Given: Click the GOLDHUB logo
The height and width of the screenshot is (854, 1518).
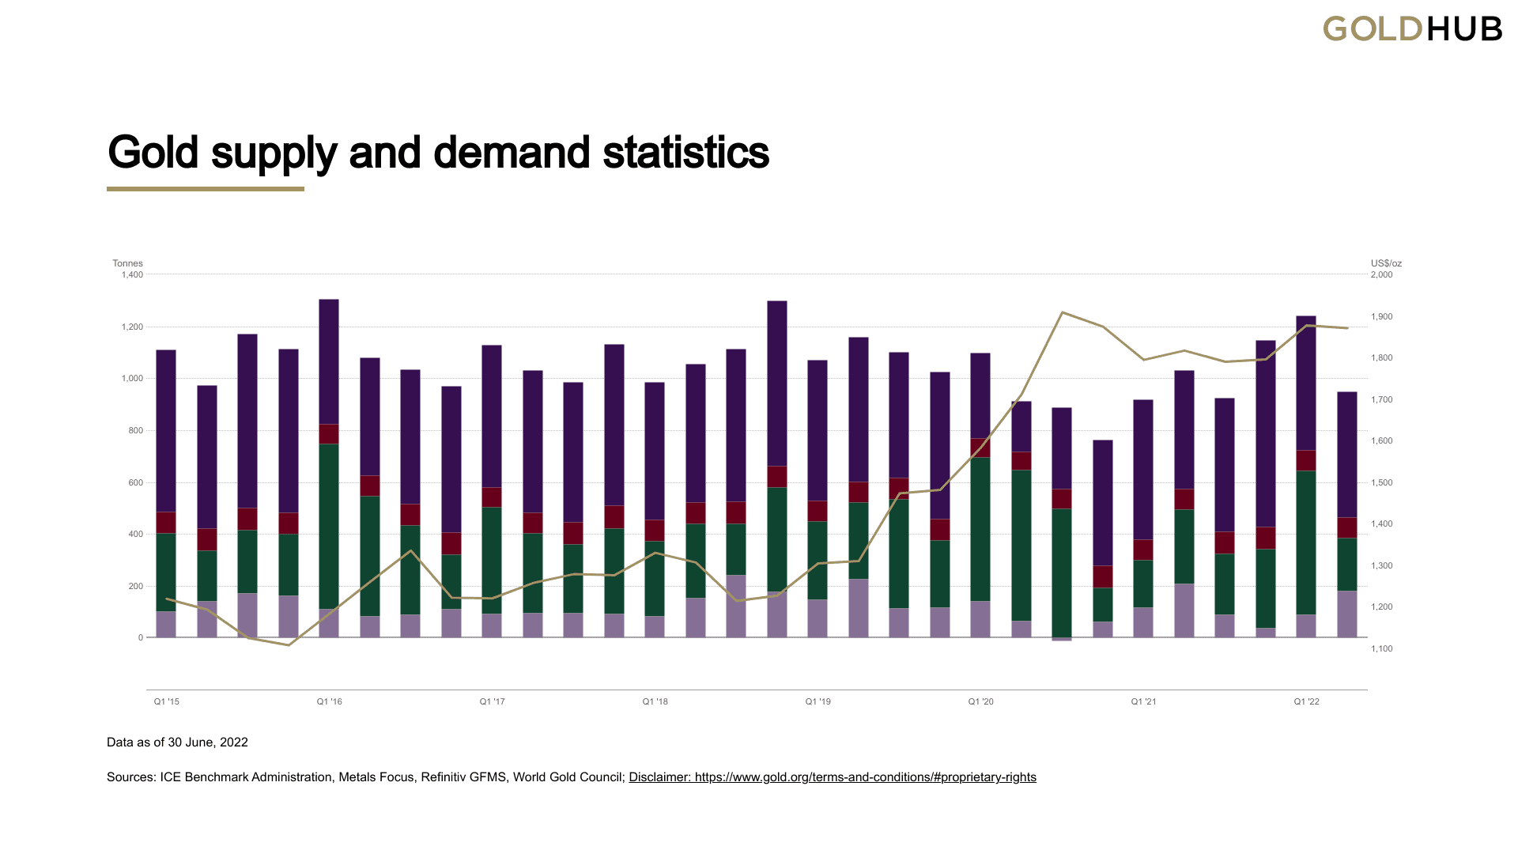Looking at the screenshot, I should (1412, 29).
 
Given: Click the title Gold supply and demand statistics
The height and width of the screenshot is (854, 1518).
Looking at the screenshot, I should (438, 153).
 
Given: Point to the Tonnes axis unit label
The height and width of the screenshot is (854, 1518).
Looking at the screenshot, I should (127, 263).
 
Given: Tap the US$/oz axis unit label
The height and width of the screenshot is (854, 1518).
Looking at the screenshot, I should (1386, 263).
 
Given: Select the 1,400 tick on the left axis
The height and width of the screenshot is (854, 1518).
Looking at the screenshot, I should (132, 275).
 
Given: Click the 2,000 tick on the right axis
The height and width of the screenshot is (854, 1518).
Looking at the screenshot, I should (1381, 275).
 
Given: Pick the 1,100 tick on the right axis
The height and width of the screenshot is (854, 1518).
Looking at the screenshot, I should (1381, 649).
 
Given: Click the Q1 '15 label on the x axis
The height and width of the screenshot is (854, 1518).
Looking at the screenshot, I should (166, 702).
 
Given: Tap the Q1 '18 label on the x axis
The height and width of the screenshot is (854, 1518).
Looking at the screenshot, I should (655, 702).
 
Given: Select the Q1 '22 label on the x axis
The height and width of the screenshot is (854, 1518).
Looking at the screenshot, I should (1306, 702).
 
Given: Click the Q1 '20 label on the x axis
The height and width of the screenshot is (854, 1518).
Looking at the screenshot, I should (980, 702).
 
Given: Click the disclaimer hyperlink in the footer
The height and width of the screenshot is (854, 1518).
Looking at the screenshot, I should (832, 777).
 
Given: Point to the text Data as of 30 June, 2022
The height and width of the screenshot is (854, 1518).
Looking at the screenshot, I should (177, 743).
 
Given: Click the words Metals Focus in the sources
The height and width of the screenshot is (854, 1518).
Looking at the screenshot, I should (376, 777).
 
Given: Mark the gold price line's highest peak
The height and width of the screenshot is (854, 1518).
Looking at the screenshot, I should (1063, 312).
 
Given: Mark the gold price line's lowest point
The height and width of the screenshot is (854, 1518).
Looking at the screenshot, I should (289, 645).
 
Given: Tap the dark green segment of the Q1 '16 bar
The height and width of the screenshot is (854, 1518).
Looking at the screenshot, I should (329, 526).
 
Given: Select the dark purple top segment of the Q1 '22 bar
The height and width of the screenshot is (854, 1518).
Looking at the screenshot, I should (1306, 384).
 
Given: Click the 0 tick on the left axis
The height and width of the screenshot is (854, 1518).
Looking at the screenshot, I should (141, 638).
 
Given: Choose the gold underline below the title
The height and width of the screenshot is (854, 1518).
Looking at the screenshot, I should (206, 189).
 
